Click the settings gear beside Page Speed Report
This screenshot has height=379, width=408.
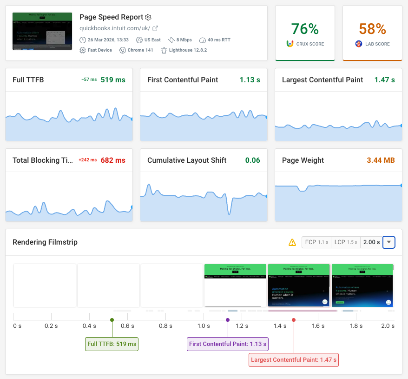coord(148,17)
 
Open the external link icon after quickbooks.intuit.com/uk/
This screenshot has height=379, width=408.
coord(155,28)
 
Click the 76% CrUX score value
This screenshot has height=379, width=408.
coord(305,29)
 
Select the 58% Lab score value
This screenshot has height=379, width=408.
coord(372,29)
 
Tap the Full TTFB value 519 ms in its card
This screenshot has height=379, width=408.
coord(113,80)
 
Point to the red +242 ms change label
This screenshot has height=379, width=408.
coord(87,160)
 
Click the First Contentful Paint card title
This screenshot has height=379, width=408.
coord(183,80)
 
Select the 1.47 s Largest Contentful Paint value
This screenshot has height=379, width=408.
coord(384,80)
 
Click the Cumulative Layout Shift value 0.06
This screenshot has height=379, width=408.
coord(252,160)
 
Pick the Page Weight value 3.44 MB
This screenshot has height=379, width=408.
coord(381,160)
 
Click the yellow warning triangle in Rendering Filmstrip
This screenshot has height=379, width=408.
coord(292,242)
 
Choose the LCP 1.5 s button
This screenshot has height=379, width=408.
coord(346,242)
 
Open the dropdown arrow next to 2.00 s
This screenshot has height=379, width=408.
coord(389,242)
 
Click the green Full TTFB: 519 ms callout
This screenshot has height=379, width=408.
coord(112,344)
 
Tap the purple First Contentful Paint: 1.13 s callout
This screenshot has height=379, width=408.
coord(228,344)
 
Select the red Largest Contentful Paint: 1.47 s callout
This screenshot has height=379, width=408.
coord(294,360)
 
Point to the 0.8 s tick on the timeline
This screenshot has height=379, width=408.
coord(165,326)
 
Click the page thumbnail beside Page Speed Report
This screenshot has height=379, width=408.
coord(42,31)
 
